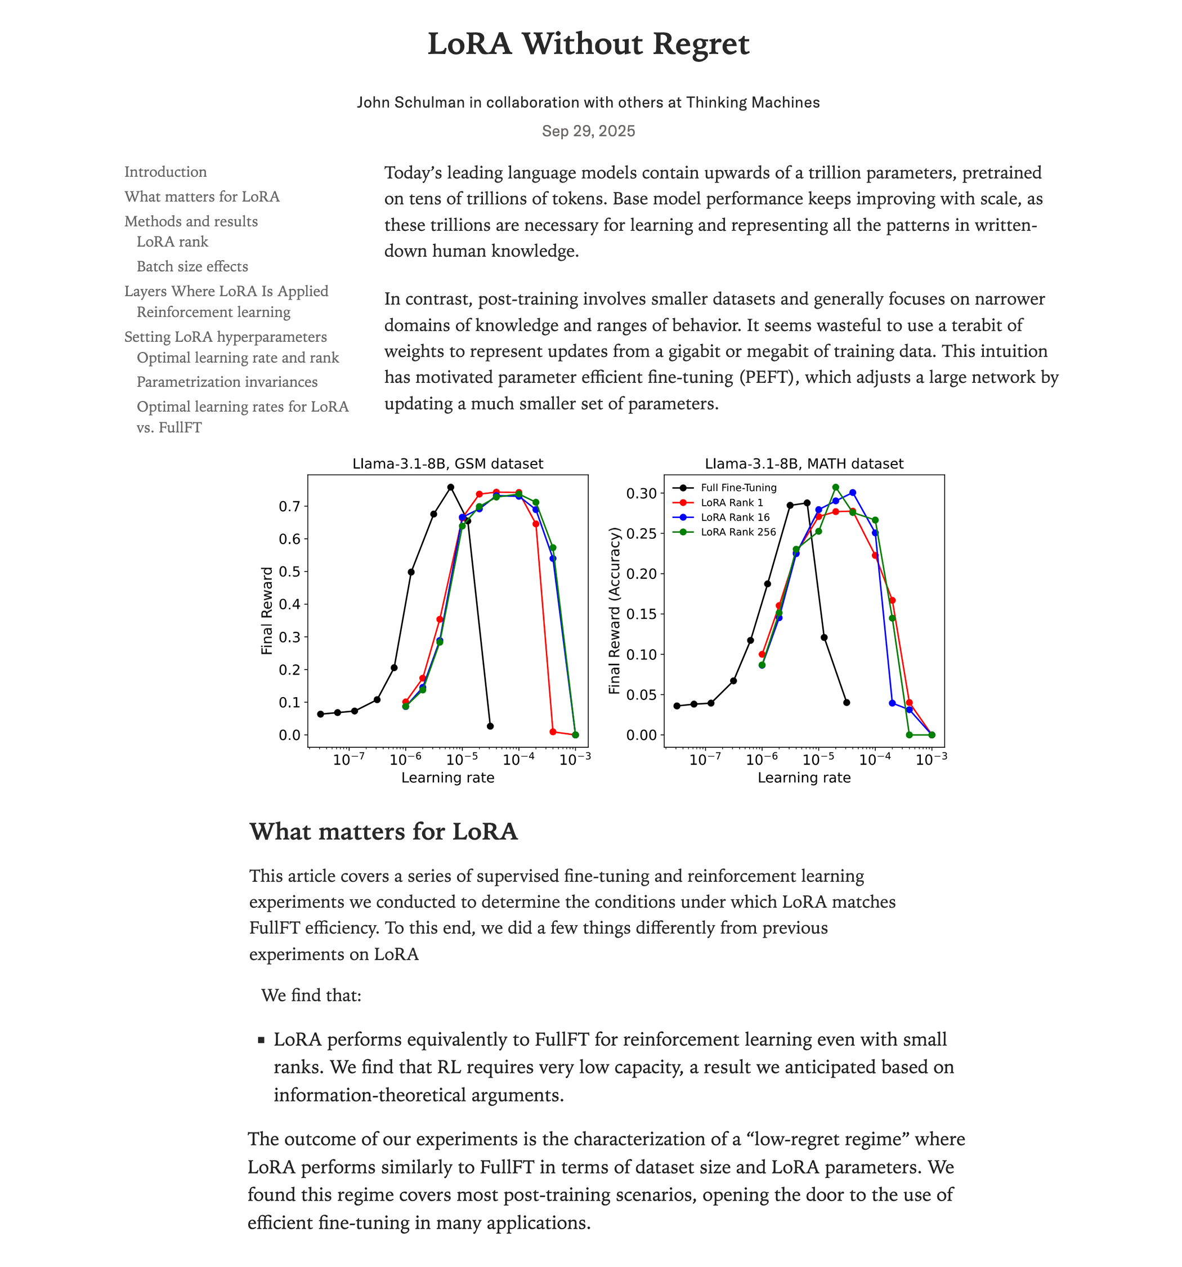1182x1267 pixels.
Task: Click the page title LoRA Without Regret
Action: point(588,44)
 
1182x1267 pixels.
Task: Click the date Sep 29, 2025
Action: point(588,131)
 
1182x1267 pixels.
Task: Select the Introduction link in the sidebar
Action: point(165,172)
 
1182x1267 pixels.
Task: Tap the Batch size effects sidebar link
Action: point(192,266)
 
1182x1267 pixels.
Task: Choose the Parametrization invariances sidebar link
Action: point(227,382)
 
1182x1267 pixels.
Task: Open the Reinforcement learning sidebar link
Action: point(213,313)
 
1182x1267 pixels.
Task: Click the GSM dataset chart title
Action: point(447,464)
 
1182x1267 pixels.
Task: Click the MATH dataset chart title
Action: point(804,464)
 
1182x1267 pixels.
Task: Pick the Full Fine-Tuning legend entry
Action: point(738,488)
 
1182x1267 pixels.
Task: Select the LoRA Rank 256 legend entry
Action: point(738,532)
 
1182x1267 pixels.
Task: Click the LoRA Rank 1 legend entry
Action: point(732,503)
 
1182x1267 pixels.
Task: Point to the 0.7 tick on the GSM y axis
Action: point(289,507)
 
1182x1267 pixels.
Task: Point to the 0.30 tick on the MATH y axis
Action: point(641,493)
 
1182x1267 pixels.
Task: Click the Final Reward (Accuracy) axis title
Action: point(614,610)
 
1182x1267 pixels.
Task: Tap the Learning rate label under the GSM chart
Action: point(447,778)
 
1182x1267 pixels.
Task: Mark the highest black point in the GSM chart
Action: point(450,488)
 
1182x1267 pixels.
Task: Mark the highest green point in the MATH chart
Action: point(835,488)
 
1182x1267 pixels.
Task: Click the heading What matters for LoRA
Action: point(383,832)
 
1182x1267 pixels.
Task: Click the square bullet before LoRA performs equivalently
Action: point(261,1040)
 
